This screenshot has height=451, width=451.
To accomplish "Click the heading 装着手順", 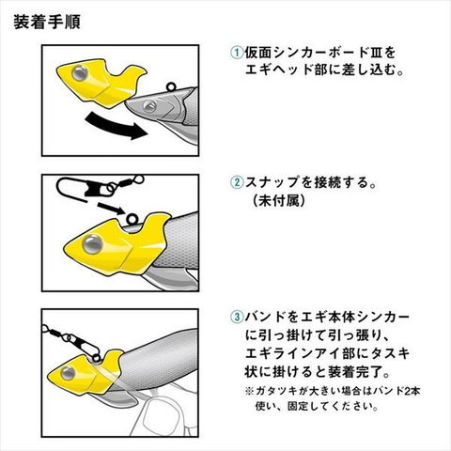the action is click(x=47, y=23).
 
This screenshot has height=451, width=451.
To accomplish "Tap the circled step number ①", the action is click(x=237, y=53).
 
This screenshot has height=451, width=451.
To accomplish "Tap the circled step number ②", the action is click(x=237, y=182).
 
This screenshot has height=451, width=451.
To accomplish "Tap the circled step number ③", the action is click(x=237, y=317).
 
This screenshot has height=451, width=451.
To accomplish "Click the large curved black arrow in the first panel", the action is click(x=115, y=125).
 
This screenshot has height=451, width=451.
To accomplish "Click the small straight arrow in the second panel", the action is click(x=111, y=209).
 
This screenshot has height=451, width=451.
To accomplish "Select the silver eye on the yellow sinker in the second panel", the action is click(x=93, y=244).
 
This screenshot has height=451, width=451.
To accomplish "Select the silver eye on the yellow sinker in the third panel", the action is click(x=68, y=373).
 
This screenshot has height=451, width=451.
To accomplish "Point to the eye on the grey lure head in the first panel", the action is click(x=149, y=105).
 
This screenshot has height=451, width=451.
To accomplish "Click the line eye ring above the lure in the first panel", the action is click(x=171, y=86).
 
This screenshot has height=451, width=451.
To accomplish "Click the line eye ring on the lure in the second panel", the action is click(x=132, y=217).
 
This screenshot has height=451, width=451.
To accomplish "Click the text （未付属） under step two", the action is click(x=278, y=201).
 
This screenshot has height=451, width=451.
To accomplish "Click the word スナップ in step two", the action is click(x=272, y=182).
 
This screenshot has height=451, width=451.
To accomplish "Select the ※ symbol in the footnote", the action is click(x=249, y=392).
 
